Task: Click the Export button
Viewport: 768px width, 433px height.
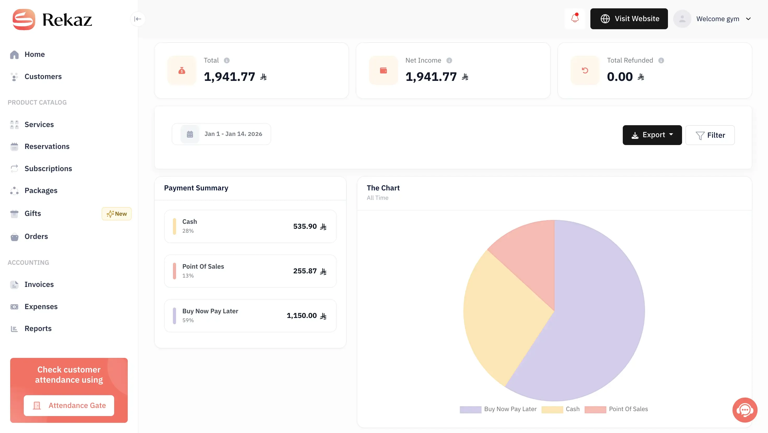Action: pos(652,135)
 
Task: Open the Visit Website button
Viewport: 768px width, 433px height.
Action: pos(629,19)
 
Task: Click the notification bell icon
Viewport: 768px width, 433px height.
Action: pos(574,19)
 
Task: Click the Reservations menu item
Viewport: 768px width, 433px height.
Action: pos(47,147)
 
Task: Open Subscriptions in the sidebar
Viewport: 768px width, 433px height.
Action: pos(48,169)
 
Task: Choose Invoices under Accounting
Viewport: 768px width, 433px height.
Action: pos(39,284)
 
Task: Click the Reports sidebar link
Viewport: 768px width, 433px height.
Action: pos(38,328)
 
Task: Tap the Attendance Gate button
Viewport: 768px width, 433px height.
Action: pos(69,405)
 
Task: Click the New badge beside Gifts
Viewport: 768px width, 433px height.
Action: pos(117,214)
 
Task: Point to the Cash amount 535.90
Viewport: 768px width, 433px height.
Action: pos(305,226)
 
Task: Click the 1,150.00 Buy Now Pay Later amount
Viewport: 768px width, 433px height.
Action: pos(302,316)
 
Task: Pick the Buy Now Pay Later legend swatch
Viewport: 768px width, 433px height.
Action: pos(470,410)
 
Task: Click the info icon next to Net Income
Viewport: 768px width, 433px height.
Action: pos(449,61)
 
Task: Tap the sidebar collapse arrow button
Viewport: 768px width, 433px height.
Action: pos(137,19)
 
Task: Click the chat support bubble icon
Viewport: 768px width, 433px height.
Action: pos(744,410)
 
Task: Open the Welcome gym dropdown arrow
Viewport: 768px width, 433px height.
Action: pos(748,19)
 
